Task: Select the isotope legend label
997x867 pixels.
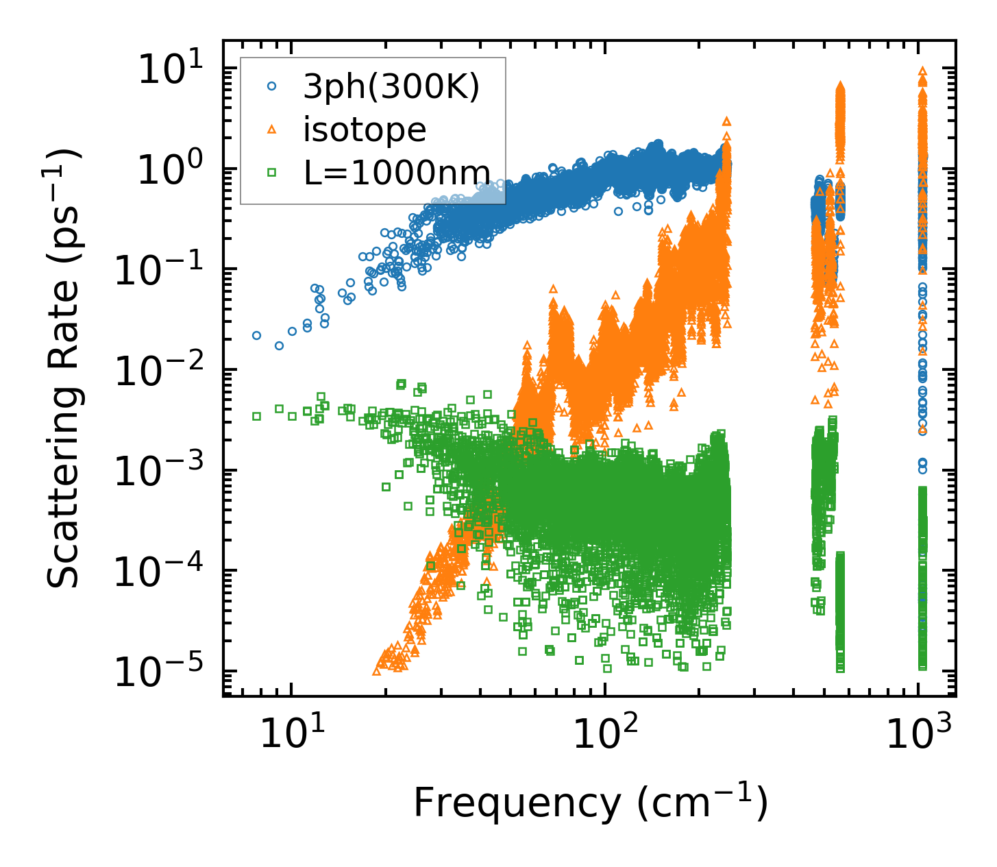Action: point(365,130)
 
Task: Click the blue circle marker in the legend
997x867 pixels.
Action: point(272,87)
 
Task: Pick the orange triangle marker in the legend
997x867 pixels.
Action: point(272,130)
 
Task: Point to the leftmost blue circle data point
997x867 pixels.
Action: point(257,335)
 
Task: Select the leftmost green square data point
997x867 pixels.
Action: point(257,416)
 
